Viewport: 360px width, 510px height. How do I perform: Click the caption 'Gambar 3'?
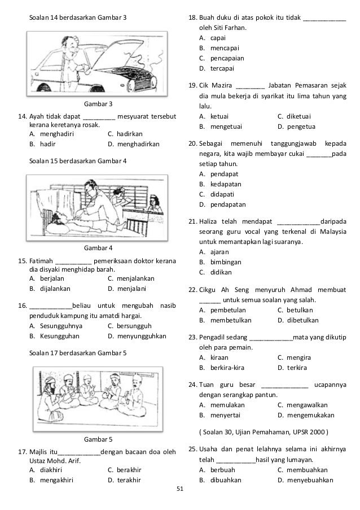pyautogui.click(x=98, y=104)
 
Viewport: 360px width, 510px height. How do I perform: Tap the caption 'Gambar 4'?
pyautogui.click(x=98, y=248)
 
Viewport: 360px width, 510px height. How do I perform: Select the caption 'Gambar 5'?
pyautogui.click(x=98, y=439)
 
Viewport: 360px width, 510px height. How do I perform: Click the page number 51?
pyautogui.click(x=180, y=496)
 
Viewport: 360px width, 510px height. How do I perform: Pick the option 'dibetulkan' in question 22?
pyautogui.click(x=304, y=320)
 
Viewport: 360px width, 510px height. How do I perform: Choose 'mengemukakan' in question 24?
pyautogui.click(x=310, y=415)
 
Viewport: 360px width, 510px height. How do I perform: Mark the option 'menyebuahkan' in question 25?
pyautogui.click(x=310, y=480)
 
